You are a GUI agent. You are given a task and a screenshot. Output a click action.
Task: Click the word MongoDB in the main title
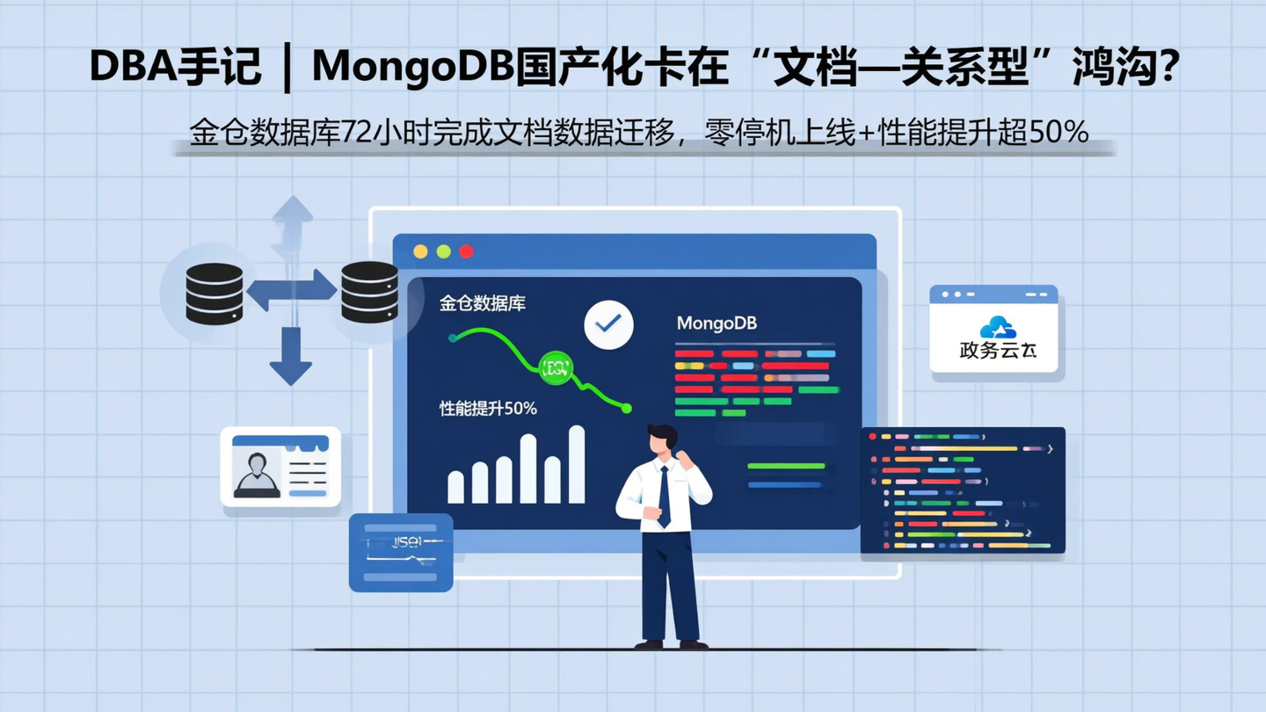412,68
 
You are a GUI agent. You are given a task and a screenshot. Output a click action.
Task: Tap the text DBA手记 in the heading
176,68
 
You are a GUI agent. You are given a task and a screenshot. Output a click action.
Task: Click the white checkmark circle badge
608,324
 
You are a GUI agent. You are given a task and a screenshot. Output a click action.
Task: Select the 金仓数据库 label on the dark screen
483,304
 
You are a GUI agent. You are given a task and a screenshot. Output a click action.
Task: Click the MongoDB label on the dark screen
717,323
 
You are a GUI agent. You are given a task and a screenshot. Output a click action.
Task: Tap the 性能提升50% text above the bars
488,409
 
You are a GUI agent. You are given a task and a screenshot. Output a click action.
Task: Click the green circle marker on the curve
557,368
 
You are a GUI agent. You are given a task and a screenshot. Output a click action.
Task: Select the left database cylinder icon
214,294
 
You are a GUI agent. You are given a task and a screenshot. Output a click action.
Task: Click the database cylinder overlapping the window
369,292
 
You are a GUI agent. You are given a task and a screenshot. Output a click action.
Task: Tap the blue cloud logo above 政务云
997,328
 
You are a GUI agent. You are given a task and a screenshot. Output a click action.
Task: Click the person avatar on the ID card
257,474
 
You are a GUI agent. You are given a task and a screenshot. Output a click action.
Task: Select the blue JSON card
401,552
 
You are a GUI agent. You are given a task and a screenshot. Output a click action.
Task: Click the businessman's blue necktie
665,497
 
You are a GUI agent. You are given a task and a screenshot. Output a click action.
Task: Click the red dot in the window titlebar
466,251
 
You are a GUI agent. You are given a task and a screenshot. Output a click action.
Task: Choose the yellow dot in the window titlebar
420,251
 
